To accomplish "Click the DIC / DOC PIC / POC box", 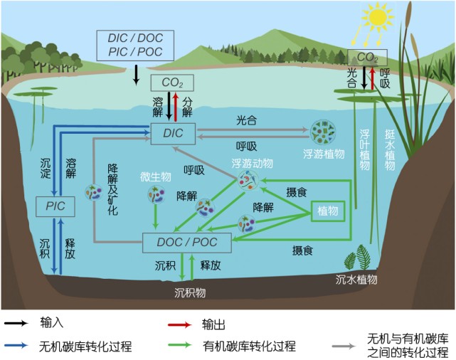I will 135,44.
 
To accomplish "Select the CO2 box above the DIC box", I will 171,84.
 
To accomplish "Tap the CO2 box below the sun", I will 366,57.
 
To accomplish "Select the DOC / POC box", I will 189,242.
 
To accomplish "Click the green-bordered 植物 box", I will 328,211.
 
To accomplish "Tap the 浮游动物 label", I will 251,163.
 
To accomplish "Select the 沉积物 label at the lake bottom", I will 191,292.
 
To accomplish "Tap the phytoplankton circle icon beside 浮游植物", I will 328,129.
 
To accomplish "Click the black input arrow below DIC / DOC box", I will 137,74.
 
